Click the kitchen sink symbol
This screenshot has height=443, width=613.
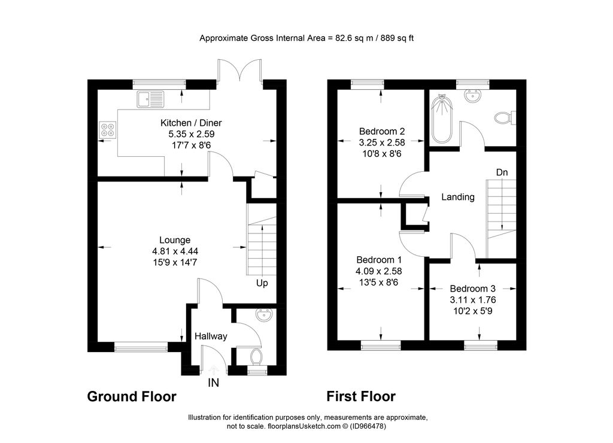pos(150,99)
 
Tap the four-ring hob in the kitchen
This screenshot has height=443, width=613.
pos(108,130)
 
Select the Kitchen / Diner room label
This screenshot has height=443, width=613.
pos(191,123)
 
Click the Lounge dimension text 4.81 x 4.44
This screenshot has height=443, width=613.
pos(175,251)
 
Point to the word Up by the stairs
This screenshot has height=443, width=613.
pos(262,283)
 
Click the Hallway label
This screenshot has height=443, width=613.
pos(211,336)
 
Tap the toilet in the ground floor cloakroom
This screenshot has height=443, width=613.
pos(256,356)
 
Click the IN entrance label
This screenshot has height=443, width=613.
pos(214,383)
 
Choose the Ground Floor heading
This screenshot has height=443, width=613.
pos(132,396)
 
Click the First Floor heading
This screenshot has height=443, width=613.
pos(361,396)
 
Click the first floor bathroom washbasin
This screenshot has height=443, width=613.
pos(473,96)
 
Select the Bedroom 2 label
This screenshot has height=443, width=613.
pos(382,131)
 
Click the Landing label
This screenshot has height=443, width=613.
pos(458,197)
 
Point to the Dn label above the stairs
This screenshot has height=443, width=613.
pos(502,172)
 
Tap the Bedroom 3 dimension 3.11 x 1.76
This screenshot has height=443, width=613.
pos(473,300)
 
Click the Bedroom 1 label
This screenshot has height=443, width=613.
pos(379,260)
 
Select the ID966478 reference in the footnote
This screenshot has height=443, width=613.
pos(368,426)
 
